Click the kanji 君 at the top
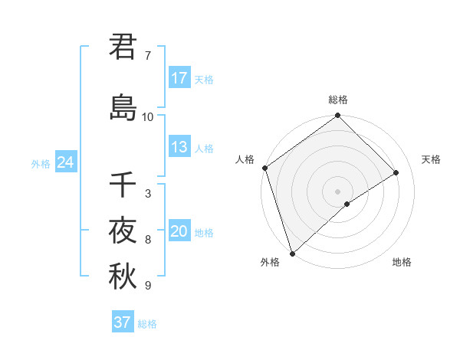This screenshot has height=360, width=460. pos(123,47)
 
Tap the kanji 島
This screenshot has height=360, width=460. pos(123,107)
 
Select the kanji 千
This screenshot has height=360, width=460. pos(123,185)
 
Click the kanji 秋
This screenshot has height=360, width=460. pos(123,277)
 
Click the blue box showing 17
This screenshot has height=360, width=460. pos(179,78)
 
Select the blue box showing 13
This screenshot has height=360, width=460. pos(179,147)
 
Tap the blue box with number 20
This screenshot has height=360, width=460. pos(179,231)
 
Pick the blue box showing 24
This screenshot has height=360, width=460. pos(65,162)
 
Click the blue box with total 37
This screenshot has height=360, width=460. pos(123,322)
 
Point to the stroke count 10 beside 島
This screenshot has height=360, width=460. pos(148,117)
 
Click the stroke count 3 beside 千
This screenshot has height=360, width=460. pos(148,194)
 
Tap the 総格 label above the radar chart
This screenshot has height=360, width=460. pos(338,100)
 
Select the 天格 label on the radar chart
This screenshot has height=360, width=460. pos(432,159)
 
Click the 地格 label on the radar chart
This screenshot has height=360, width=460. pos(402,262)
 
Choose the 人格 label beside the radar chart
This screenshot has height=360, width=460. pos(245,159)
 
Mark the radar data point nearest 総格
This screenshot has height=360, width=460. pos(338,116)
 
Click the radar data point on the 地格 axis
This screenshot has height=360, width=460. pos(347,204)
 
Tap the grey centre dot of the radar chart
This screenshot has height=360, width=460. pos(338,191)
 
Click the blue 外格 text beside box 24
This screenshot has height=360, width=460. pos(41,163)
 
